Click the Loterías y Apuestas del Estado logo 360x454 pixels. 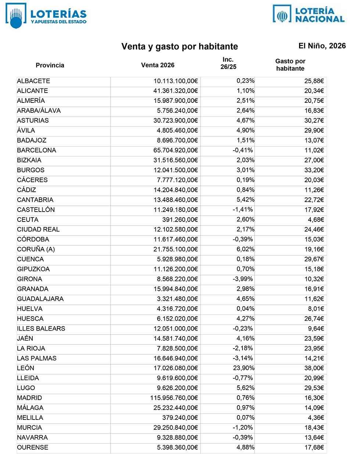[46, 16]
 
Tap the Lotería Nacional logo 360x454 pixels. [309, 15]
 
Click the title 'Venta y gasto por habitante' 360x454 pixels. [180, 47]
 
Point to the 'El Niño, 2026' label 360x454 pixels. [322, 46]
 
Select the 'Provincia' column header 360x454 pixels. [50, 65]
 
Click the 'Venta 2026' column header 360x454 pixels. [158, 65]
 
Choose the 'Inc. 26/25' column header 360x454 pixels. [228, 63]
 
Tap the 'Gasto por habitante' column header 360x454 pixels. [290, 65]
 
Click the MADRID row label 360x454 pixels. [29, 398]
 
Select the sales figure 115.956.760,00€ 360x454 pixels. [174, 398]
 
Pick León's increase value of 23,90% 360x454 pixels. [244, 368]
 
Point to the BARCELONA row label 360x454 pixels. [36, 150]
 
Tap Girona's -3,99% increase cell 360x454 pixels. [243, 279]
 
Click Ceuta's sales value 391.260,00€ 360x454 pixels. [180, 220]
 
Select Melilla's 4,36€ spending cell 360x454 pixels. [316, 418]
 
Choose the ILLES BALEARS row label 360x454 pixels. [41, 328]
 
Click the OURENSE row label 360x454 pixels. [32, 447]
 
